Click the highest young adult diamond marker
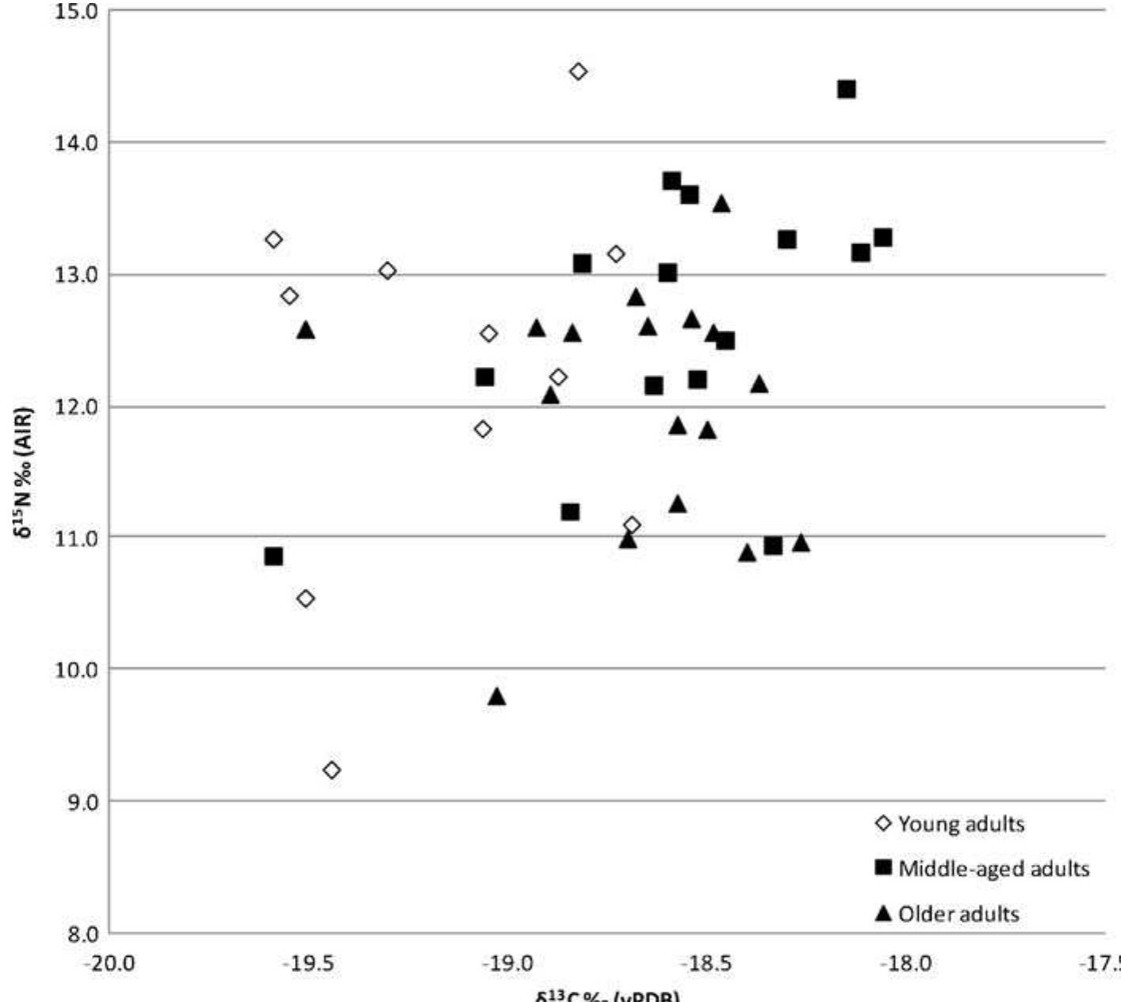pos(578,71)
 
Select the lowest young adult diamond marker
pos(331,770)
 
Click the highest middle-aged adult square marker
pos(846,89)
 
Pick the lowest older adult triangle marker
pos(497,697)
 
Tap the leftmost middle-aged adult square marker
pos(274,556)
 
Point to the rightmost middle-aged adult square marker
pos(883,238)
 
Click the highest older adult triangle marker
pos(721,205)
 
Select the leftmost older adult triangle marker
pos(306,330)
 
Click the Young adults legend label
pos(961,824)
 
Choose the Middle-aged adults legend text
pos(994,869)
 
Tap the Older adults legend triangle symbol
pos(882,914)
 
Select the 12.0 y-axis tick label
pos(77,407)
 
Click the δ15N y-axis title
pos(26,472)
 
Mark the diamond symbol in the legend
pos(882,824)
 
